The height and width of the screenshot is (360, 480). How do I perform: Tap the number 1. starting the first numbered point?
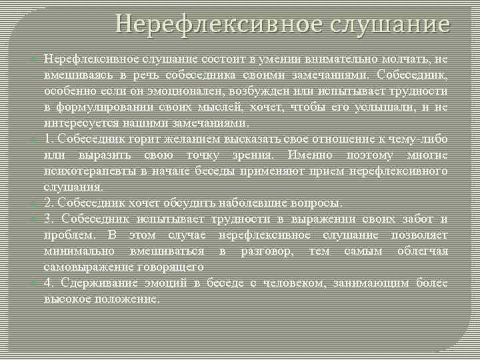[x=50, y=139]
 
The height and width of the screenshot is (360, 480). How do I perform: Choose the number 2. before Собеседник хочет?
[x=50, y=203]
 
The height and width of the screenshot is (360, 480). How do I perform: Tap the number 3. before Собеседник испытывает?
[x=50, y=219]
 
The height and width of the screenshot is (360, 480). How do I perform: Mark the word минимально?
[x=78, y=251]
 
